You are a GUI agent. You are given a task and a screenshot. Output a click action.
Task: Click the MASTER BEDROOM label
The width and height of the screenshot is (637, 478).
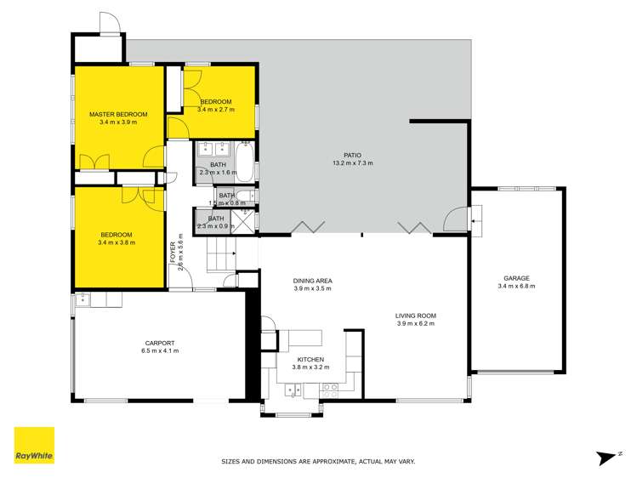tap(118, 114)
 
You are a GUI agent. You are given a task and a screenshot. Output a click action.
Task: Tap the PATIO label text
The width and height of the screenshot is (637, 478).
tap(352, 156)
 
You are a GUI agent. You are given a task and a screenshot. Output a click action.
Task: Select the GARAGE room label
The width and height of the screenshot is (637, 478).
tap(516, 278)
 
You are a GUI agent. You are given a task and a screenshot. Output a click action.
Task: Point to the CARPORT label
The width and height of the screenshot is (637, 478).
tap(159, 343)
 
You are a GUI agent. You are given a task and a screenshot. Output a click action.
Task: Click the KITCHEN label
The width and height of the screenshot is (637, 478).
tap(310, 360)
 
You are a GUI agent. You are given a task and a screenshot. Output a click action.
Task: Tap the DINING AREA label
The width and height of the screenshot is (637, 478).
tap(312, 280)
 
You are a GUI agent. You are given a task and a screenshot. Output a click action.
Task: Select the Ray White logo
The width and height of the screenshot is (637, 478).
tap(35, 445)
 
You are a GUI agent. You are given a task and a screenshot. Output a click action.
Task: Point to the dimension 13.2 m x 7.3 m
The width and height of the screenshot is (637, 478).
tap(352, 163)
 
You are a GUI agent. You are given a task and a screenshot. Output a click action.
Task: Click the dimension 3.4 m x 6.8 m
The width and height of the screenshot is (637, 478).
tap(516, 287)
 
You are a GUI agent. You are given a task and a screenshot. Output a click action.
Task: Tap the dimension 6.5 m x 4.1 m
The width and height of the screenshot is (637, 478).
tap(159, 350)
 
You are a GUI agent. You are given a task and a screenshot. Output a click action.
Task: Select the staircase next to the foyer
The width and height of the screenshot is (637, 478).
tap(219, 254)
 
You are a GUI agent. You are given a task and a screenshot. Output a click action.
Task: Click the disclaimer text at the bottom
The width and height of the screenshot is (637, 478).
tap(317, 461)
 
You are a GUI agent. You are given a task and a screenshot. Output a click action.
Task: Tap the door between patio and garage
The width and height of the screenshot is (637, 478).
tap(457, 219)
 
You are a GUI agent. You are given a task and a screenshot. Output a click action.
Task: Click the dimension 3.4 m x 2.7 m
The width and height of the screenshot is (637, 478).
tap(215, 110)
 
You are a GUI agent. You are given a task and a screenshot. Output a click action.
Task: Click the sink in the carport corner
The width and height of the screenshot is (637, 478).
tap(83, 299)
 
